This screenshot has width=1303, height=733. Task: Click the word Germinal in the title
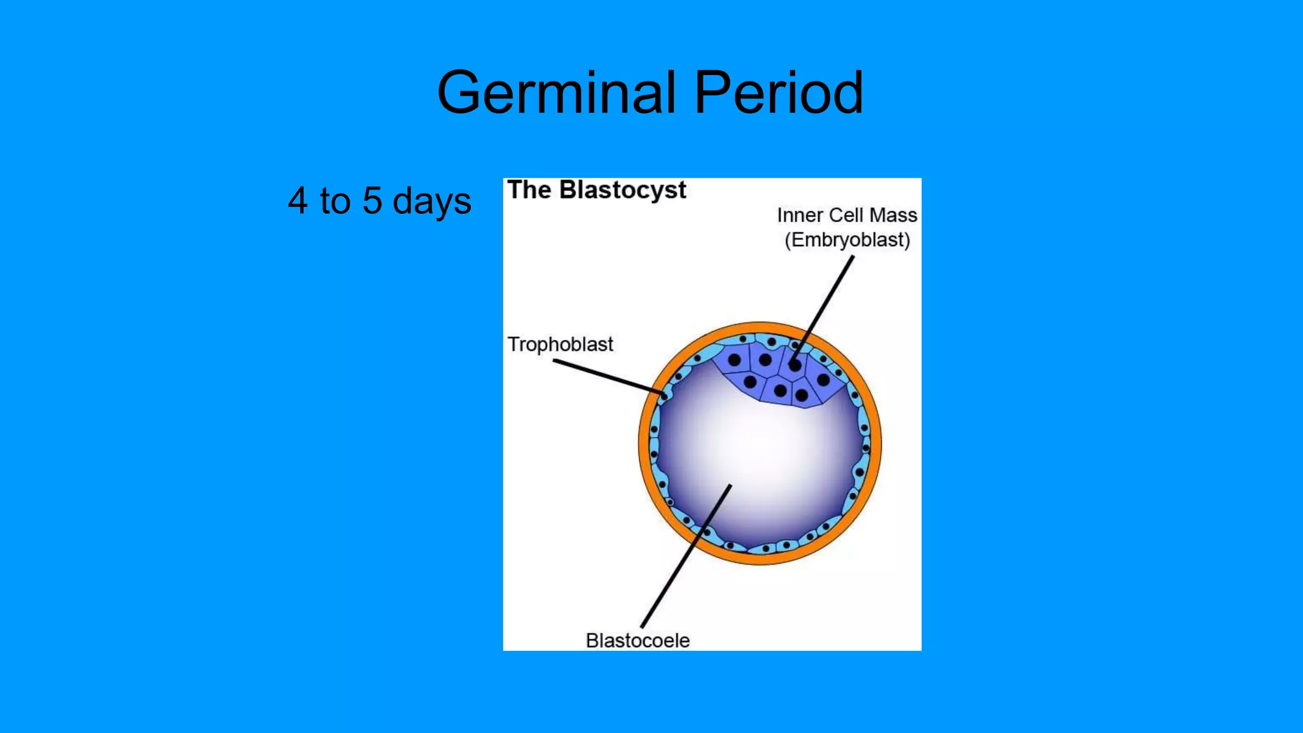click(556, 94)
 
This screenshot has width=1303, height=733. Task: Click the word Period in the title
click(778, 94)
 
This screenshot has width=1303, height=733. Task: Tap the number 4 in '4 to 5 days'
click(298, 201)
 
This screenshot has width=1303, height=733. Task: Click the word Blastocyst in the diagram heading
click(622, 190)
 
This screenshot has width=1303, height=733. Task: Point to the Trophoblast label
click(560, 344)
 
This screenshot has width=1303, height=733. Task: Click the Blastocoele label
click(638, 640)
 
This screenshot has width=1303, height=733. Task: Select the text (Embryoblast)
click(847, 241)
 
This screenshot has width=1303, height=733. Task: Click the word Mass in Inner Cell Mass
click(893, 215)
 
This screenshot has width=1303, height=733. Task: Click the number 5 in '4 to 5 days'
click(372, 201)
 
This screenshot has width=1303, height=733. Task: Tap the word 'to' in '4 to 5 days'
click(335, 201)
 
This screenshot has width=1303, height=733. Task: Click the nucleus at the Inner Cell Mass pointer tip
click(795, 366)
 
